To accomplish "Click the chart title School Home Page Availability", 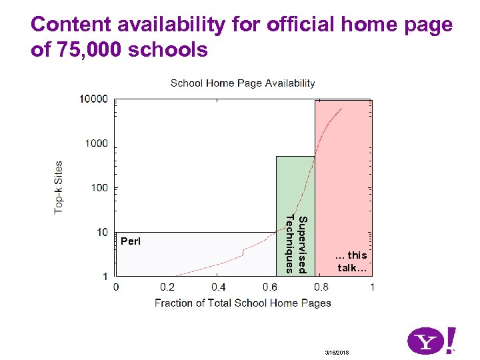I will [243, 83].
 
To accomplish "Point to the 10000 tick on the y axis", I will [93, 99].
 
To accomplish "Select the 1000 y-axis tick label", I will [96, 143].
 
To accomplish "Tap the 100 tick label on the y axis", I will [99, 188].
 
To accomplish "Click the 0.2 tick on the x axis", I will [167, 287].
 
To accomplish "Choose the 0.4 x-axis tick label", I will [219, 287].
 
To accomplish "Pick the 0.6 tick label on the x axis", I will [270, 287].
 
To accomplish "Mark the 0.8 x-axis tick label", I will [321, 287].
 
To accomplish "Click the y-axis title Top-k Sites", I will [59, 187].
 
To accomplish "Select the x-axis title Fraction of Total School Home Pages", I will [243, 303].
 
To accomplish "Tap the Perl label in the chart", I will [131, 240].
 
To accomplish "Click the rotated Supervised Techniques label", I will [295, 244].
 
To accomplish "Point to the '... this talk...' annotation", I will [351, 261].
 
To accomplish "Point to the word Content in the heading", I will [69, 25].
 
